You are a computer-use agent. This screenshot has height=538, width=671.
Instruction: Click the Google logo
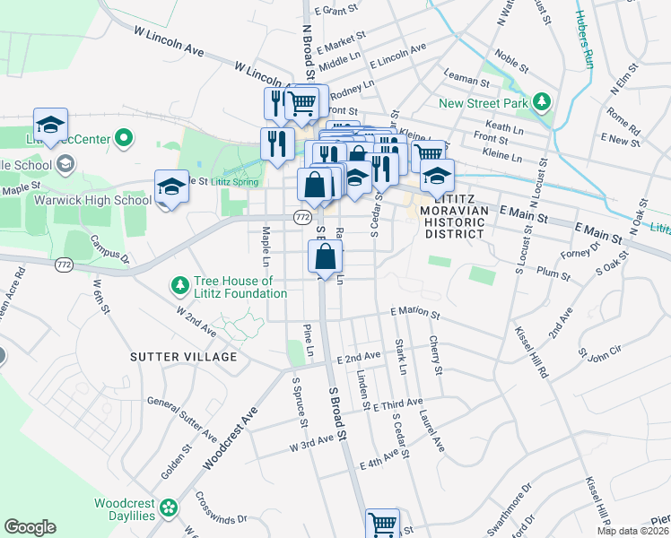point(30,527)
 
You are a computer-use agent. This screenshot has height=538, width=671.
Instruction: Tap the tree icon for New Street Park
point(541,102)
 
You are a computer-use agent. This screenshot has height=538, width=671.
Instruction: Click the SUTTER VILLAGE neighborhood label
point(184,357)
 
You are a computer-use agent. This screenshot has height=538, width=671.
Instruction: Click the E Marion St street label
point(415,316)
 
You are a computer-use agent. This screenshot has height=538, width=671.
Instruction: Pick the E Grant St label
point(336,12)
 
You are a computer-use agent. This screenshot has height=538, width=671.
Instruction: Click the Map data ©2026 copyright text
point(632,531)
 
